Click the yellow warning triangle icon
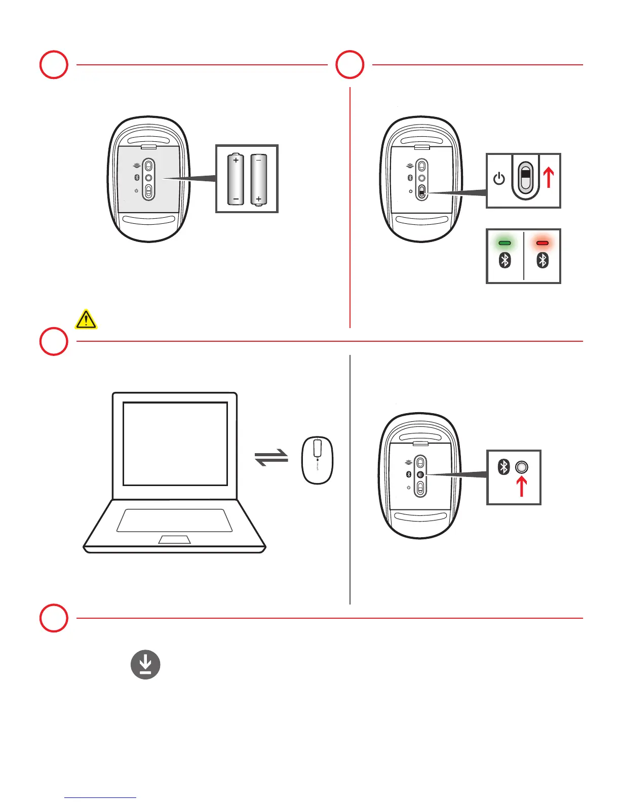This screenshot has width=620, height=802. pyautogui.click(x=86, y=319)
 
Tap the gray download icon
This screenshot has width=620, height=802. pyautogui.click(x=145, y=665)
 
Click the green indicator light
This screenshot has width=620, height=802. pyautogui.click(x=505, y=243)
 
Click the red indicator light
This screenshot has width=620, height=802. pyautogui.click(x=542, y=243)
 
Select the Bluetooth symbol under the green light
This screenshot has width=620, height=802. pyautogui.click(x=505, y=260)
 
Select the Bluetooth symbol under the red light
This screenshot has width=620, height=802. pyautogui.click(x=542, y=260)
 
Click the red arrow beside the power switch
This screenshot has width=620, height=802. pyautogui.click(x=548, y=178)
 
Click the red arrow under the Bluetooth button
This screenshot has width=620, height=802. pyautogui.click(x=521, y=486)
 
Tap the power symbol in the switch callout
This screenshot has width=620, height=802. pyautogui.click(x=499, y=179)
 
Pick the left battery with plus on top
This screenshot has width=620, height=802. pyautogui.click(x=236, y=179)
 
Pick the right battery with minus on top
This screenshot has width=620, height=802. pyautogui.click(x=258, y=179)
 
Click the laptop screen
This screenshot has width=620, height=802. pyautogui.click(x=175, y=444)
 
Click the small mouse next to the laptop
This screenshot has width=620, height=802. pyautogui.click(x=317, y=460)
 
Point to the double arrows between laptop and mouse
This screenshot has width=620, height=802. pyautogui.click(x=272, y=458)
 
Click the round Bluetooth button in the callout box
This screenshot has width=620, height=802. pyautogui.click(x=521, y=467)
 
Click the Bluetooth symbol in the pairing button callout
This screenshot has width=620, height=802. pyautogui.click(x=503, y=467)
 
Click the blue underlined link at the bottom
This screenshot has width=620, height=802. pyautogui.click(x=100, y=797)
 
